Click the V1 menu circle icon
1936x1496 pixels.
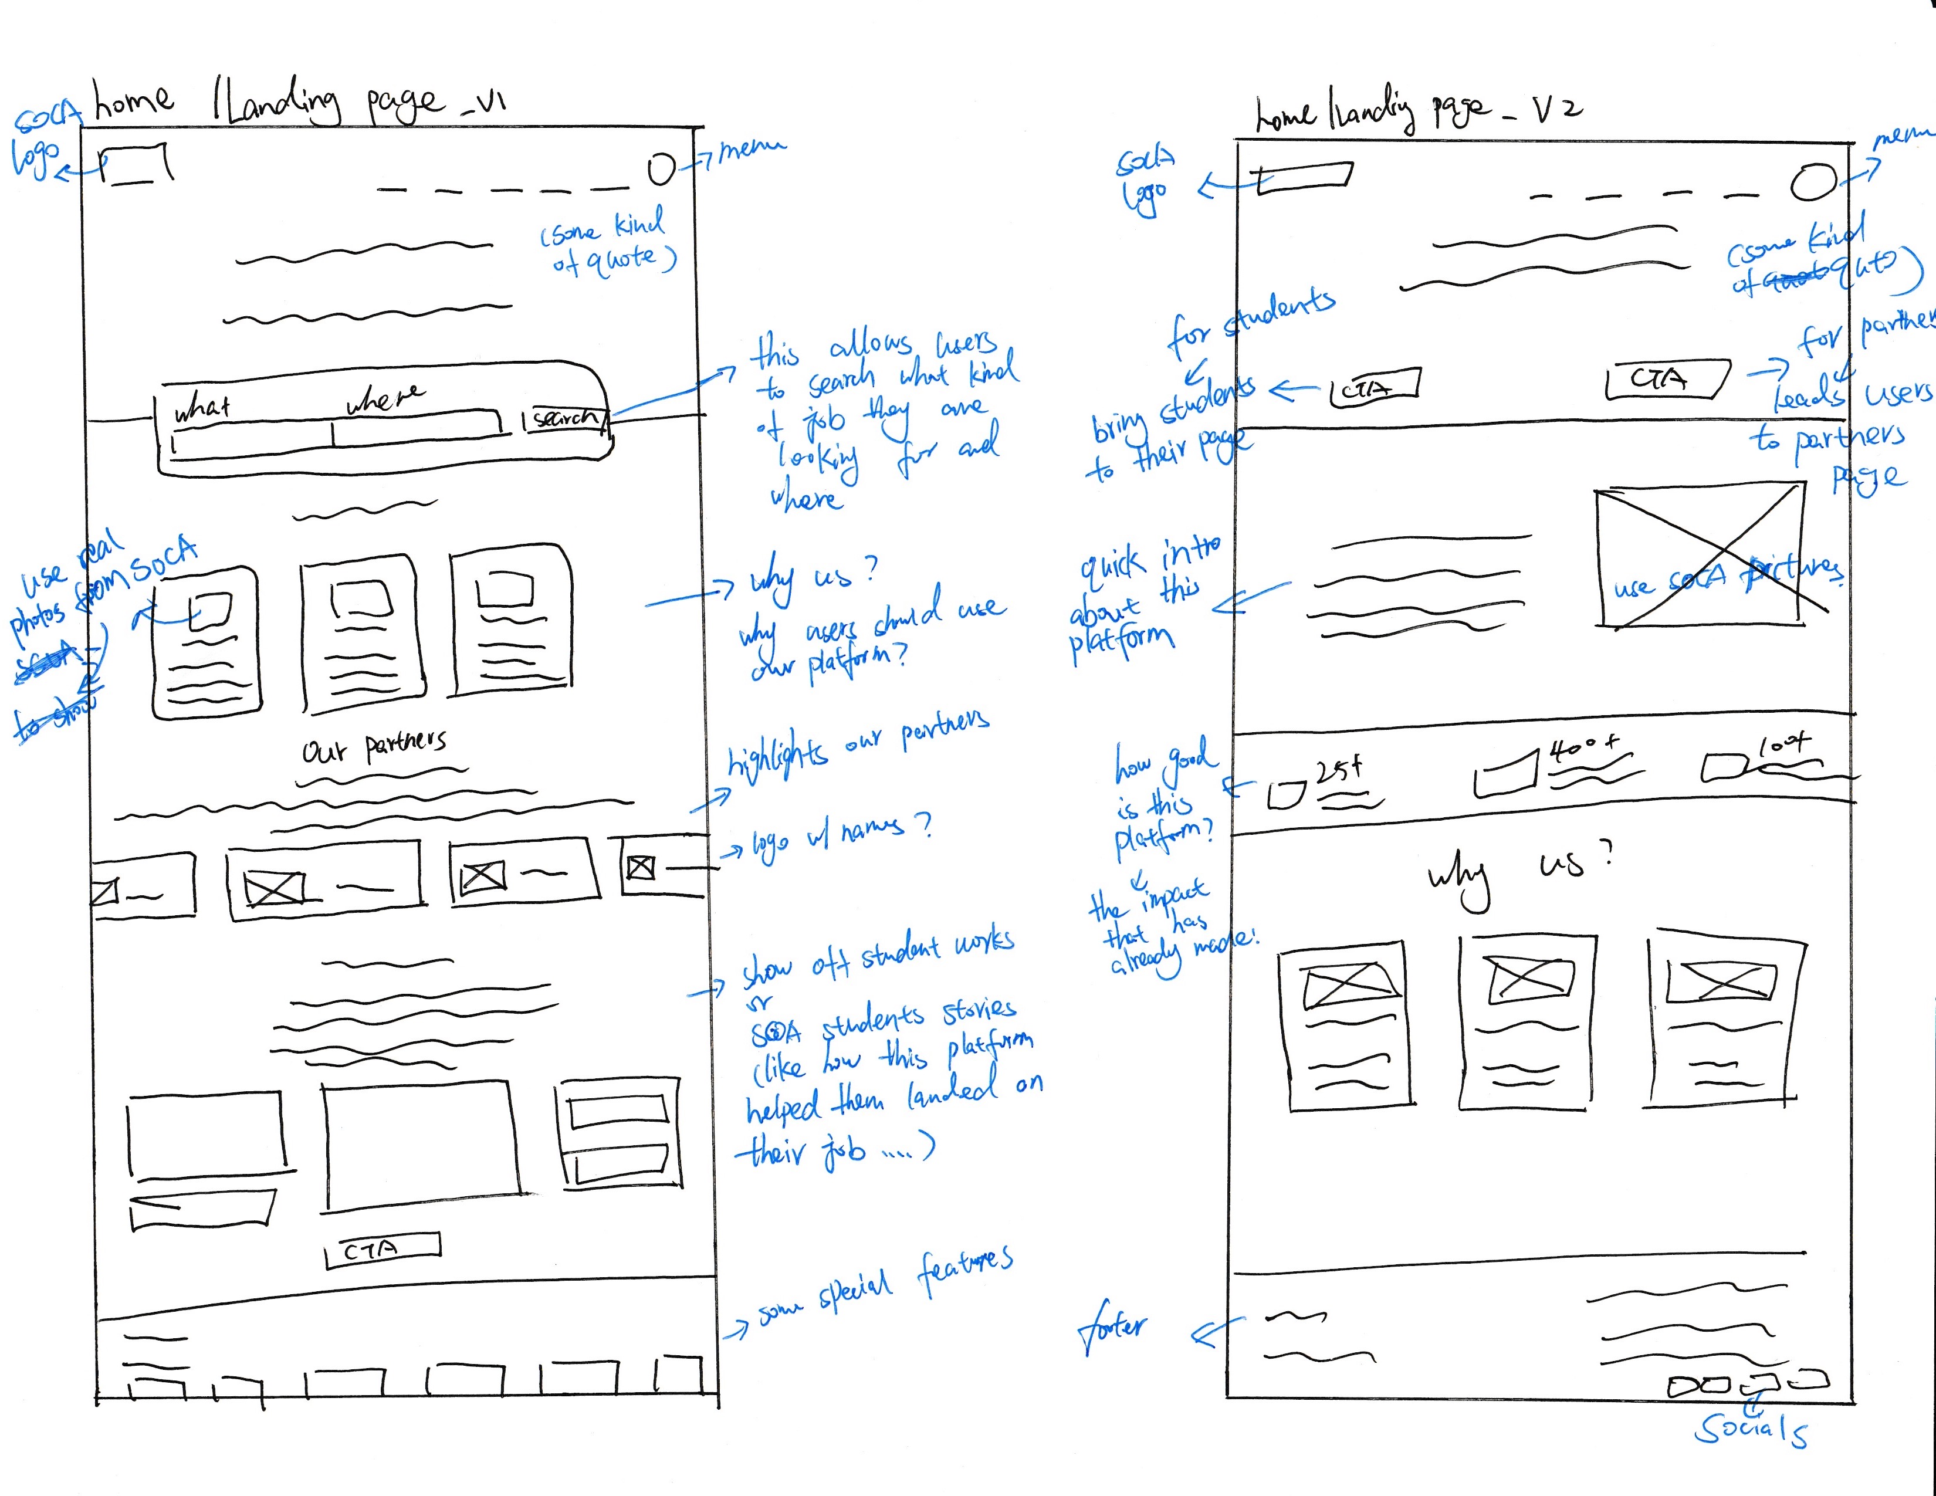click(661, 168)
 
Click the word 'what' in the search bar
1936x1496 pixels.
click(202, 408)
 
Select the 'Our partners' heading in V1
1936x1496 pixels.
click(374, 749)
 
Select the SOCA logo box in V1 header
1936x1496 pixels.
click(137, 165)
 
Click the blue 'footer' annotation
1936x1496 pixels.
click(1112, 1326)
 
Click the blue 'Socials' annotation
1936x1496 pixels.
click(1751, 1429)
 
